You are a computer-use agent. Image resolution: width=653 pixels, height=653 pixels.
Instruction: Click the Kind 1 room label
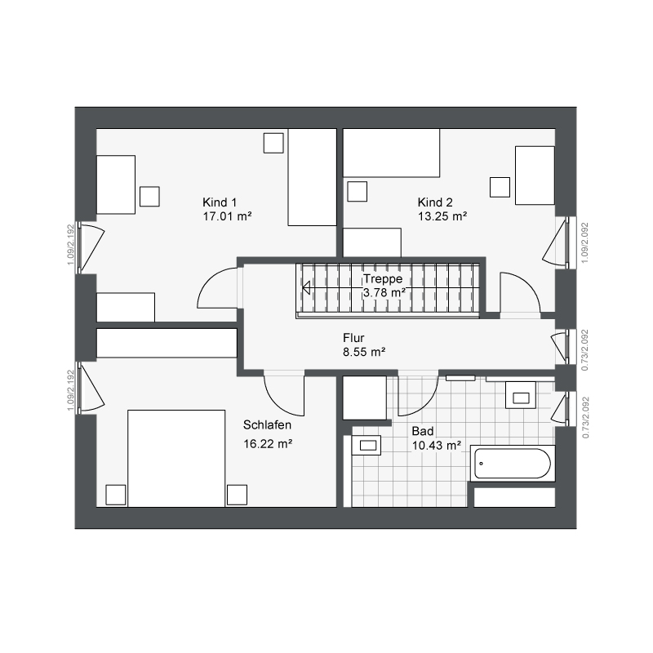(x=220, y=202)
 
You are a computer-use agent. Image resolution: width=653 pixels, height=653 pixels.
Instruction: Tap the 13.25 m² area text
(x=442, y=216)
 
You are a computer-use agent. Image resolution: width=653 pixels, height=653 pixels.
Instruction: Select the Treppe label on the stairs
(x=383, y=278)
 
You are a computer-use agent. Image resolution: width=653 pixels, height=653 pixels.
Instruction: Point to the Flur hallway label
(x=353, y=337)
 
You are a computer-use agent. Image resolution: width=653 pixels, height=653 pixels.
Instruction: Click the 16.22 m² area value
(x=268, y=444)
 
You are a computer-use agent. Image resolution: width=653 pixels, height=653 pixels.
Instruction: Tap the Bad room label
(x=423, y=431)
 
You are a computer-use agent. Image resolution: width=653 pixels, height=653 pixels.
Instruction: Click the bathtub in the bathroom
(x=513, y=464)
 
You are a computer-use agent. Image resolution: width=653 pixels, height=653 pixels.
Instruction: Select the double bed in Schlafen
(x=176, y=459)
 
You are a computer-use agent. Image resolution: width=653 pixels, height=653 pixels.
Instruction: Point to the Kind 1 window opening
(x=78, y=248)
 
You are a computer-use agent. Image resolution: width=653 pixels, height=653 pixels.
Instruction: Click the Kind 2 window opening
(x=566, y=242)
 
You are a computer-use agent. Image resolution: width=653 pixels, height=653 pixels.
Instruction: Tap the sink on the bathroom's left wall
(x=366, y=445)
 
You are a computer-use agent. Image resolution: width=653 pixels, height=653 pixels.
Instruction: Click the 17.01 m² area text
(x=227, y=216)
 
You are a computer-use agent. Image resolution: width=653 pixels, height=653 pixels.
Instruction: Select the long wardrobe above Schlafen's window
(x=167, y=343)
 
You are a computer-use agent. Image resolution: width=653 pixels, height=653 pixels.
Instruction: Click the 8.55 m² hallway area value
(x=364, y=352)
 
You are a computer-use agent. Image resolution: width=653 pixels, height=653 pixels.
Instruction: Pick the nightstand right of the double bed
(x=237, y=495)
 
